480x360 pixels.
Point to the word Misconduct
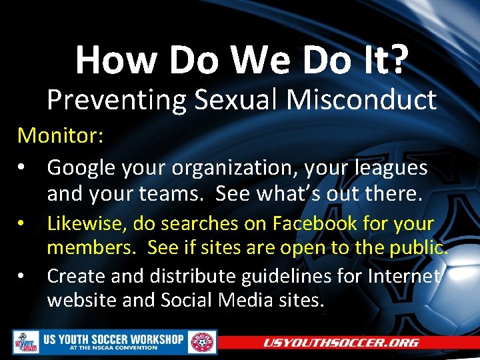pos(362,100)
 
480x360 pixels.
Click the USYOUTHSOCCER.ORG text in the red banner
pos(341,343)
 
